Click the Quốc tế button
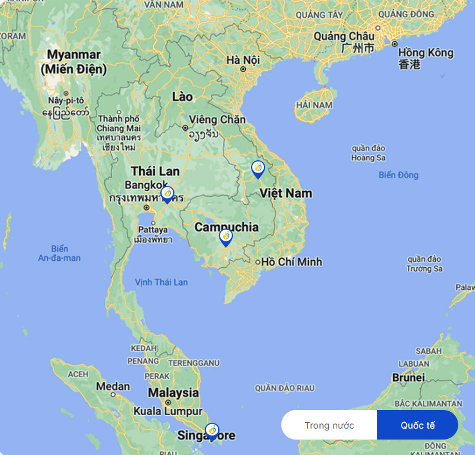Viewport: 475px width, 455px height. pyautogui.click(x=417, y=425)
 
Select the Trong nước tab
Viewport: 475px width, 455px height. pyautogui.click(x=330, y=425)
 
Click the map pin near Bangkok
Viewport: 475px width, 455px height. pyautogui.click(x=167, y=194)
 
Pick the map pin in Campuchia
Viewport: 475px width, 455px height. pyautogui.click(x=226, y=237)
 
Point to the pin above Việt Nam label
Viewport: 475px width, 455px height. pyautogui.click(x=258, y=169)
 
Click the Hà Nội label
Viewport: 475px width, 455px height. pyautogui.click(x=243, y=60)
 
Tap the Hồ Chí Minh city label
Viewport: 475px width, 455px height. pyautogui.click(x=291, y=262)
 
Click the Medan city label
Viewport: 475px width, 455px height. pyautogui.click(x=113, y=387)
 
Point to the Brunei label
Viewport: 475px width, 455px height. pyautogui.click(x=408, y=377)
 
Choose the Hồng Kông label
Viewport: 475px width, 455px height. pyautogui.click(x=425, y=53)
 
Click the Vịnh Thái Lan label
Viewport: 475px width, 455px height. pyautogui.click(x=162, y=282)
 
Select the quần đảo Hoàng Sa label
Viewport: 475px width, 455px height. pyautogui.click(x=368, y=153)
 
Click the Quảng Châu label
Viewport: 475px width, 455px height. pyautogui.click(x=344, y=37)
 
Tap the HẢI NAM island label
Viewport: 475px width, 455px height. pyautogui.click(x=315, y=105)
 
